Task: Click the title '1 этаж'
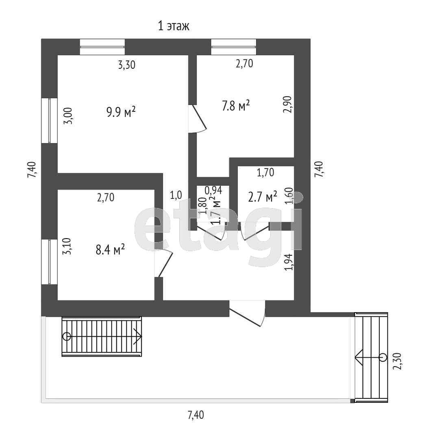point(174,27)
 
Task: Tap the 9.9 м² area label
point(121,112)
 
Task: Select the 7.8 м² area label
point(236,106)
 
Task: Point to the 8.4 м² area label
point(110,249)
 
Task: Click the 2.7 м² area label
point(262,197)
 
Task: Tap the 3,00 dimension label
point(69,116)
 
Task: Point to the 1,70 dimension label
point(265,173)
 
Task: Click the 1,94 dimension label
point(289,263)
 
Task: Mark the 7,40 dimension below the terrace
point(196,415)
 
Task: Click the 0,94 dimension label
point(213,190)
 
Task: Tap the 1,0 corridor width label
point(176,195)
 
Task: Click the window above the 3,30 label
point(102,47)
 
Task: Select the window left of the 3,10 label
point(49,262)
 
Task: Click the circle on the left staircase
point(67,337)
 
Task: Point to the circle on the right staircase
point(382,357)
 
